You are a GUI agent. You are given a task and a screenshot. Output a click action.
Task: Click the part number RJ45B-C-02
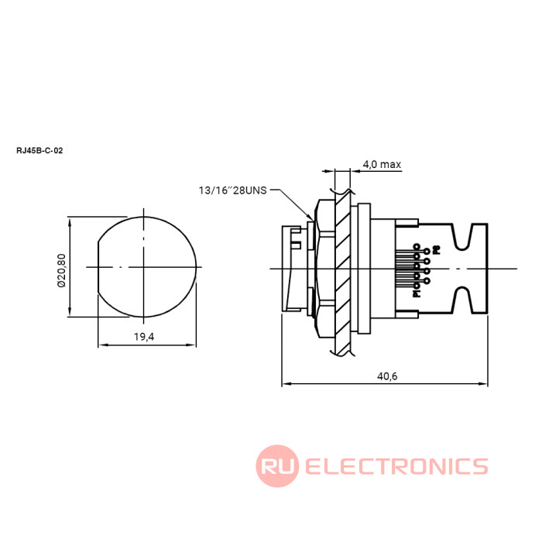39,151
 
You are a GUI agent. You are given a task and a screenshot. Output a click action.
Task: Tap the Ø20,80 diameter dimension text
61,266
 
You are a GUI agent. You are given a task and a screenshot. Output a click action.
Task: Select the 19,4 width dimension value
145,337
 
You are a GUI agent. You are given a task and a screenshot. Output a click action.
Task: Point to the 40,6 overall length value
387,376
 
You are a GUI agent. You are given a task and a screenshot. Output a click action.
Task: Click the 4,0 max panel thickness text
381,164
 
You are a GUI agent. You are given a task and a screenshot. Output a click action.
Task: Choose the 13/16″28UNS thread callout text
232,190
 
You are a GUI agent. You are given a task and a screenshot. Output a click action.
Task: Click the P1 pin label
417,293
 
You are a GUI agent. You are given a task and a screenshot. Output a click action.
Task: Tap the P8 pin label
436,250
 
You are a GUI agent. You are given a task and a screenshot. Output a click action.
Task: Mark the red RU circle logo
277,466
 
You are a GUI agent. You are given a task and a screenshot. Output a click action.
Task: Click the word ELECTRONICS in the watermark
396,466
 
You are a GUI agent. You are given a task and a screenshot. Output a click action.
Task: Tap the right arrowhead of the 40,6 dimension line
485,382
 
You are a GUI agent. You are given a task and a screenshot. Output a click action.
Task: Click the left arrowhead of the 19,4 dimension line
101,345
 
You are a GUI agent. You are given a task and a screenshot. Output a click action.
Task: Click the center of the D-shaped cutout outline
145,266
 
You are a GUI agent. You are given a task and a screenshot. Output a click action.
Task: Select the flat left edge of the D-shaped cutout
98,266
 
